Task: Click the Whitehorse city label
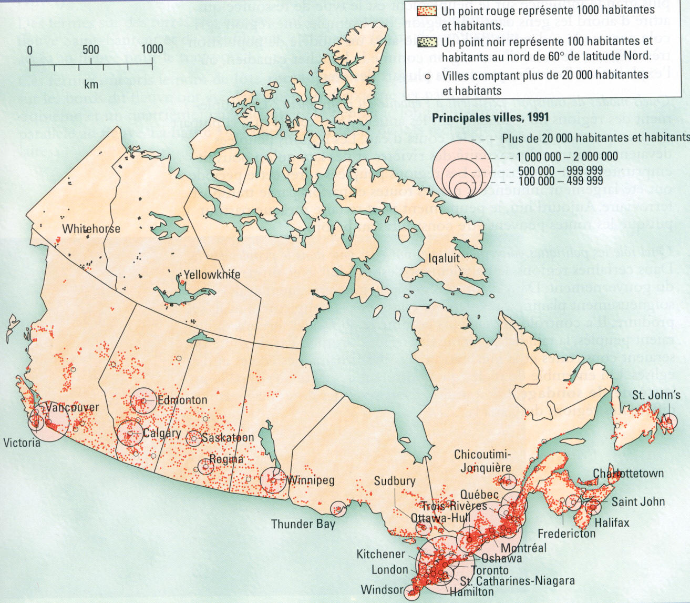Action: tap(91, 229)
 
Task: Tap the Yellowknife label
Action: tap(212, 274)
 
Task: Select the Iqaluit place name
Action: tap(444, 258)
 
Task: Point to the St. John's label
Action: tap(656, 395)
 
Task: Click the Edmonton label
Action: tap(182, 400)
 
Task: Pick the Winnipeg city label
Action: tap(310, 480)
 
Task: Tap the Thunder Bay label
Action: tap(303, 524)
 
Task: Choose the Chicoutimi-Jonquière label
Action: tap(482, 461)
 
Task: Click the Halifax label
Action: tap(612, 522)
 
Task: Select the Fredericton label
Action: tap(567, 534)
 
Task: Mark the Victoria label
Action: tap(22, 443)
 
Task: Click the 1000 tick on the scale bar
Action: tap(152, 49)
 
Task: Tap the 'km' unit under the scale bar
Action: tap(90, 84)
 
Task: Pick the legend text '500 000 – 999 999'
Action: tap(560, 171)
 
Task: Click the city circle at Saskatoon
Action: tap(194, 437)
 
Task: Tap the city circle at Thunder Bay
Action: tap(338, 509)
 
